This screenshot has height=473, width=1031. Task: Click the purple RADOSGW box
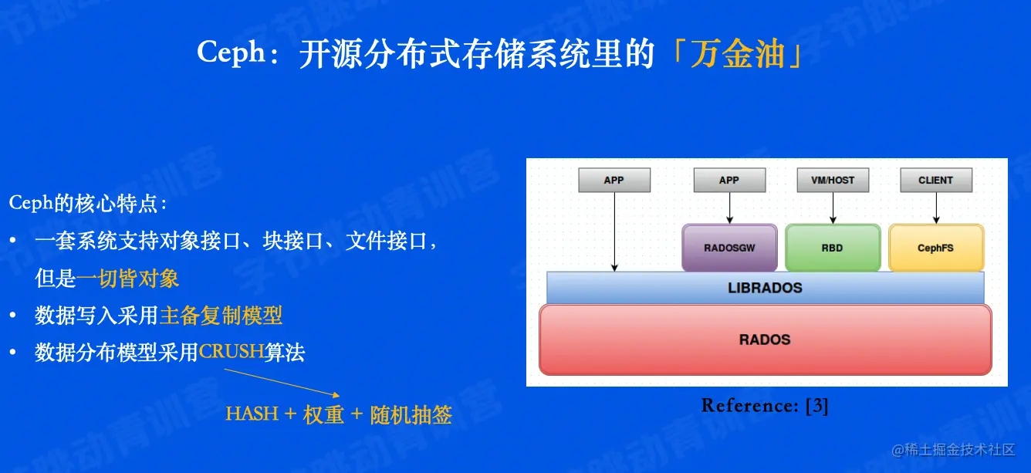pos(729,248)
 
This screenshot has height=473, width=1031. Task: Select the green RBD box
pos(833,248)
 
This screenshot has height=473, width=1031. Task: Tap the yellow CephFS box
pos(936,248)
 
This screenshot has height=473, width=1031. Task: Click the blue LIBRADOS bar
pos(765,288)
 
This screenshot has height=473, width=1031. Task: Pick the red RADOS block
pos(765,340)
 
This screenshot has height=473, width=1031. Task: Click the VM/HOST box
pos(833,180)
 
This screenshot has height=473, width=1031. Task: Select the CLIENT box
pos(936,180)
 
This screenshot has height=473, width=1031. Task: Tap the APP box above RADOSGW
pos(729,180)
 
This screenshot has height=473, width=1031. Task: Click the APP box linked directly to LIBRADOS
pos(614,180)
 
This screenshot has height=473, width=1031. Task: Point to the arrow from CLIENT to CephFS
pos(936,208)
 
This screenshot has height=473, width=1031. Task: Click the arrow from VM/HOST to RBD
pos(833,208)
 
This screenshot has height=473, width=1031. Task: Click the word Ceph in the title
pos(231,52)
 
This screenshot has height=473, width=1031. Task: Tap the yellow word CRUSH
pos(231,352)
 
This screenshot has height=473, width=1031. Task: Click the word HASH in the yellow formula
pos(252,414)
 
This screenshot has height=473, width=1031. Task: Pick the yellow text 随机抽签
pos(411,414)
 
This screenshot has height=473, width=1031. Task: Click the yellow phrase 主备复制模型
pos(221,316)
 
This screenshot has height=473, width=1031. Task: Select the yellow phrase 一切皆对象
pos(127,279)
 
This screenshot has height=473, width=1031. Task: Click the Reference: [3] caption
pos(765,405)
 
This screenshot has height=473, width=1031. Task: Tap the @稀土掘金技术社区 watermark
pos(953,450)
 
